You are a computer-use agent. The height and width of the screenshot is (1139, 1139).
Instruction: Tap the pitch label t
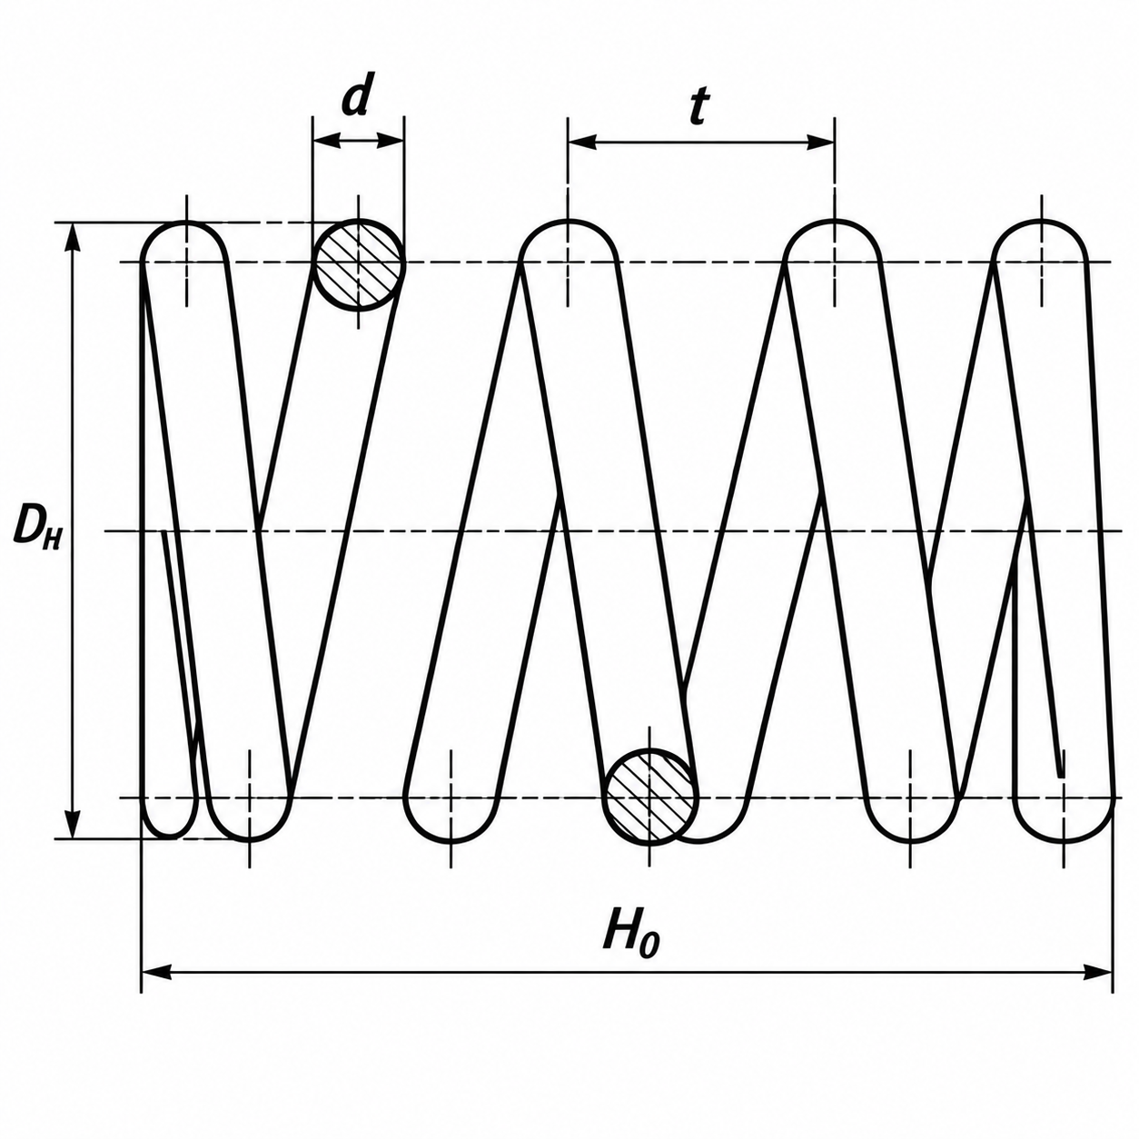click(x=698, y=107)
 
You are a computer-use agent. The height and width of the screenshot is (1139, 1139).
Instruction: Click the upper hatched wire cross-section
click(x=359, y=264)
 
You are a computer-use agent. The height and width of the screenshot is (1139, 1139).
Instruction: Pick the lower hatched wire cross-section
click(x=650, y=795)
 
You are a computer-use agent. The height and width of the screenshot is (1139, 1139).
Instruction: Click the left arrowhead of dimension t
click(x=581, y=142)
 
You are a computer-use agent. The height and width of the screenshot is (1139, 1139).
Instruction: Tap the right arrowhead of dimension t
click(x=820, y=142)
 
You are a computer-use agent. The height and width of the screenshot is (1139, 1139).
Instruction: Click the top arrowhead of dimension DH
click(x=72, y=239)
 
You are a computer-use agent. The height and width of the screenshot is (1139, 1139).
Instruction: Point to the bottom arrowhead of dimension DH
click(x=72, y=823)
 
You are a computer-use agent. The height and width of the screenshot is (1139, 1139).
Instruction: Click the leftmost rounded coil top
click(x=184, y=223)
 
